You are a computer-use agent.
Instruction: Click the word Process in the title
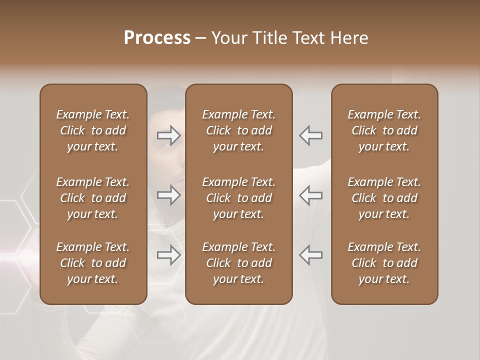[157, 38]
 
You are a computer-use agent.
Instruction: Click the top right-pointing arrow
[169, 135]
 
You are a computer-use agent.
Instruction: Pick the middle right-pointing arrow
[169, 195]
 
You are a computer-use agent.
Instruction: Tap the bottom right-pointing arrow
[169, 255]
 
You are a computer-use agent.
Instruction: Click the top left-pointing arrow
[311, 135]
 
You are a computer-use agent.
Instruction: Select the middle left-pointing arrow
[311, 195]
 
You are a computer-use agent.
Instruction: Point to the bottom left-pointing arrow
[311, 255]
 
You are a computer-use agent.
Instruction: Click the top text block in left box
[93, 130]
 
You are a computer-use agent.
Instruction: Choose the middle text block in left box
[93, 198]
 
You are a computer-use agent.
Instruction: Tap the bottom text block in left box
[93, 263]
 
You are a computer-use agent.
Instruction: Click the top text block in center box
[239, 130]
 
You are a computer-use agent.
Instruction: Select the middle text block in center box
[239, 198]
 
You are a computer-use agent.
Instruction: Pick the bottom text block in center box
[239, 263]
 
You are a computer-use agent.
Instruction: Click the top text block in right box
[384, 130]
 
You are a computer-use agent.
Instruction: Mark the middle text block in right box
[384, 198]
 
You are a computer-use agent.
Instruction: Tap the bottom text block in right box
[384, 263]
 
